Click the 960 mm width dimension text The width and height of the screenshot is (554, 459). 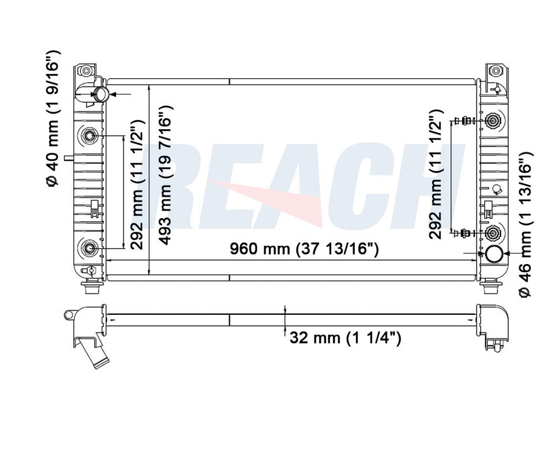pos(304,249)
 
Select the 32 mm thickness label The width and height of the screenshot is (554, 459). pos(345,338)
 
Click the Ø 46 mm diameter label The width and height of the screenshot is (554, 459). pos(525,225)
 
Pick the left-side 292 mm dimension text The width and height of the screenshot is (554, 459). pos(136,185)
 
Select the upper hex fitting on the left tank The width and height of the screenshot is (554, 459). pos(89,136)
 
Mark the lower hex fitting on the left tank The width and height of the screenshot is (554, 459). pos(89,248)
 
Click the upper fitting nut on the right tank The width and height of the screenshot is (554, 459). pos(493,121)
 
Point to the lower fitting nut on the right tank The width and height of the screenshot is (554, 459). pos(493,233)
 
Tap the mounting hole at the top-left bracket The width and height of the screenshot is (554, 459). pos(87,72)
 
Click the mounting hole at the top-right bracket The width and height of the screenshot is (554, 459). pos(495,72)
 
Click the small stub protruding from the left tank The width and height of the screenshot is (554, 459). pos(69,156)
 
